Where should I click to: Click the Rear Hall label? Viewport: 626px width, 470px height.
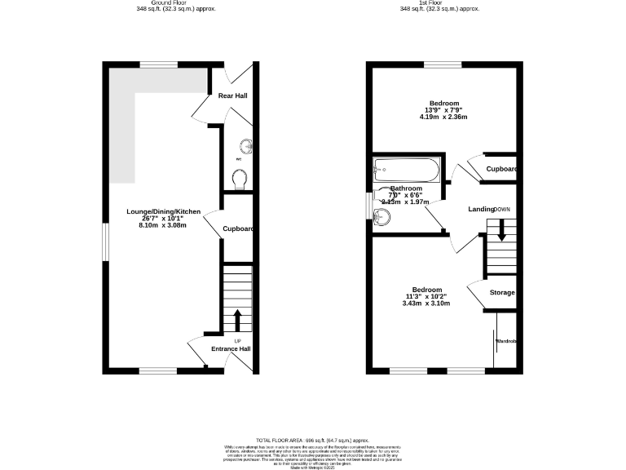point(232,96)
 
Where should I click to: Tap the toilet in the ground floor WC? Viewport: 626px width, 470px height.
point(240,178)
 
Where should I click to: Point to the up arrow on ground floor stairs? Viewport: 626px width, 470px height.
point(238,317)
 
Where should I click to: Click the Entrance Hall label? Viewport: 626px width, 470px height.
point(231,349)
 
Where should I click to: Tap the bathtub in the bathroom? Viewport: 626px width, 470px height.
point(406,170)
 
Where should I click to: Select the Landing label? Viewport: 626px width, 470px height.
point(481,210)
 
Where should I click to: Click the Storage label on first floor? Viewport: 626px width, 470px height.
point(502,292)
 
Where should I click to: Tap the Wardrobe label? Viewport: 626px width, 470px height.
point(506,340)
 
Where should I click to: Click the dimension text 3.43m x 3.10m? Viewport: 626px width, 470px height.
point(425,304)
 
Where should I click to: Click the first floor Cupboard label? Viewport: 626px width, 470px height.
point(502,169)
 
